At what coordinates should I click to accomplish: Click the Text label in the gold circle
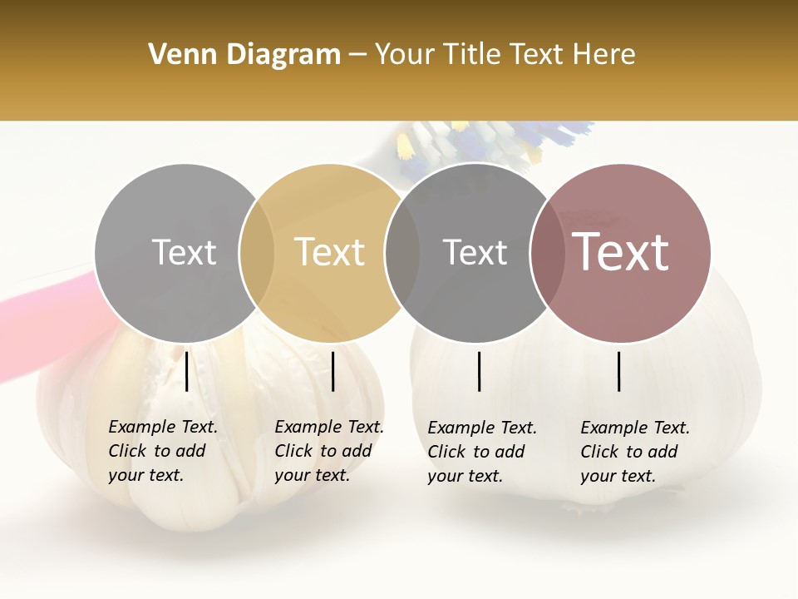[329, 252]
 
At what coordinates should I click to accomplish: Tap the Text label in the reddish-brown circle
[620, 252]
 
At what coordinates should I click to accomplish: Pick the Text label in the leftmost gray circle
[184, 252]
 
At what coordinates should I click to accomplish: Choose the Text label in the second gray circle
[475, 252]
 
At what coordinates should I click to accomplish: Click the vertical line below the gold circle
[332, 371]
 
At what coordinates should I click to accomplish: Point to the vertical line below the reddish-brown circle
[619, 371]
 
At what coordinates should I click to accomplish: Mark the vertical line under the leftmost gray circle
[187, 371]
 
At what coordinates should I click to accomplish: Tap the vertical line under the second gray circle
[480, 371]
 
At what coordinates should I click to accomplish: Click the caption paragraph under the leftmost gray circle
[163, 451]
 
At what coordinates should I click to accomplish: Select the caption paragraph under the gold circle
[329, 451]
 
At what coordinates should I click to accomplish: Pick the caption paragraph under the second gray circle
[482, 452]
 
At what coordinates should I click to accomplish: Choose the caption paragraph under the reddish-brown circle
[635, 452]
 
